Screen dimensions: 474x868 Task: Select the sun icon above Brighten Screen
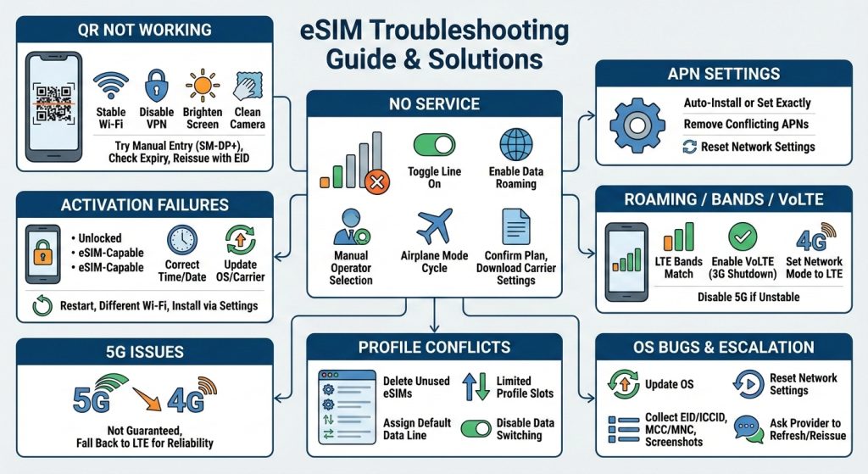pos(203,86)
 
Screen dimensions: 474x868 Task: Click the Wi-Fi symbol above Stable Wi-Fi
pos(110,86)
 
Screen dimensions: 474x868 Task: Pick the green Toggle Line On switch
pos(433,143)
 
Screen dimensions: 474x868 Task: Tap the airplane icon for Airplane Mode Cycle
pos(434,226)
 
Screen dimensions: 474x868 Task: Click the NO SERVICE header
pos(434,104)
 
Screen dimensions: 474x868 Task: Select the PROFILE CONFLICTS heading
pos(434,347)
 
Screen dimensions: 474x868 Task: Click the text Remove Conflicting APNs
pos(746,125)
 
